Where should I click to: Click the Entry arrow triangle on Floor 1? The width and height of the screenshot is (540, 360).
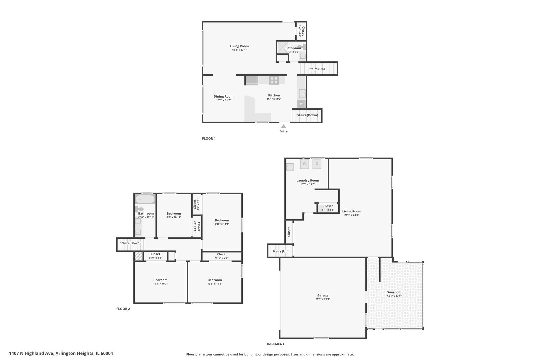tap(283, 126)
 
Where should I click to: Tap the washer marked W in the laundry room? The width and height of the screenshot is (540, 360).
tap(304, 164)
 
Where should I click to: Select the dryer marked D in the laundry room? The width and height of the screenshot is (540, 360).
tap(317, 164)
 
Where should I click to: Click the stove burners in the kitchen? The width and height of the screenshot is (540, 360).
tap(274, 80)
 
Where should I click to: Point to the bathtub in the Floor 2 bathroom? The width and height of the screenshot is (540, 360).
tap(145, 199)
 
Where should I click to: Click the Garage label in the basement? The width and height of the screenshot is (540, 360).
tap(323, 295)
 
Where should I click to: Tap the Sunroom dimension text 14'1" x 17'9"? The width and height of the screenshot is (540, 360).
tap(394, 296)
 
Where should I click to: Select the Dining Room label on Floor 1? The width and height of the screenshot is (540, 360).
tap(223, 96)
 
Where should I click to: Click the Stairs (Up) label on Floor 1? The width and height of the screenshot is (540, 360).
tap(317, 69)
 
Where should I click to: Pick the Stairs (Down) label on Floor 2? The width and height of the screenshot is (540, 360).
tap(130, 243)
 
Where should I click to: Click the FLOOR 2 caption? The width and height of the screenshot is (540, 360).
tap(123, 309)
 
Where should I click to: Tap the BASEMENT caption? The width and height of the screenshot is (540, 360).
tap(276, 344)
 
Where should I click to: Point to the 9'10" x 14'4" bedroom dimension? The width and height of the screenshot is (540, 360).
tap(222, 224)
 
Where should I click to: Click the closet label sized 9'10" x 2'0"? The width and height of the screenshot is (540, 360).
tap(222, 254)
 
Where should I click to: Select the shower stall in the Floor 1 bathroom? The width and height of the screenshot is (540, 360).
tap(282, 47)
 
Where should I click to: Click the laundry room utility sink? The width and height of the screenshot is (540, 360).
tap(290, 167)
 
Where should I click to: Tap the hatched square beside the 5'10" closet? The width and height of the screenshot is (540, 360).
tap(138, 256)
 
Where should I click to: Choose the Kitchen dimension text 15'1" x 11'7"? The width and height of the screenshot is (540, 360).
tap(274, 99)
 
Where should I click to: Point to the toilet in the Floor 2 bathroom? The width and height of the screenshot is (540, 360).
tap(139, 209)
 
